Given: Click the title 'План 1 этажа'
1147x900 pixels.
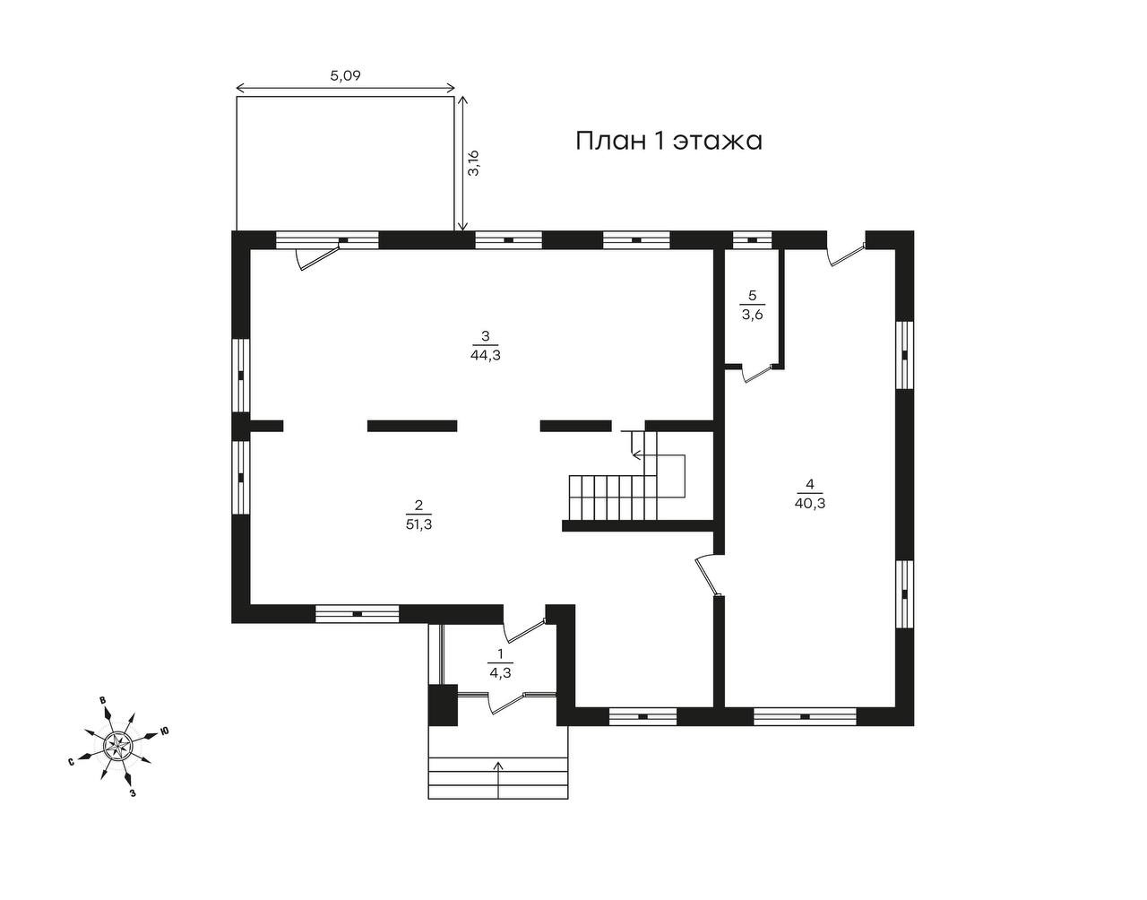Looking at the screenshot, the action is [668, 142].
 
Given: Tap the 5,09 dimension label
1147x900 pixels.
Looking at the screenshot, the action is [345, 76].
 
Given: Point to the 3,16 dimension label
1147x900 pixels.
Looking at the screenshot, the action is [474, 163].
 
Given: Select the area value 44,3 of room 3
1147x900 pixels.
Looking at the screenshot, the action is [484, 354].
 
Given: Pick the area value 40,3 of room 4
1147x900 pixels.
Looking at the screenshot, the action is [809, 504].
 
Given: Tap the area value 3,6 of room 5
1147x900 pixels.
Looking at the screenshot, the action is [752, 313].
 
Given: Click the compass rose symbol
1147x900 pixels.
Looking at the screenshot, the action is [117, 744].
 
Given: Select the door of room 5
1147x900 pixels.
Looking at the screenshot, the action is [758, 373].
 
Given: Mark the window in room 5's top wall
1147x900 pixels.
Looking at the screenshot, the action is [752, 239].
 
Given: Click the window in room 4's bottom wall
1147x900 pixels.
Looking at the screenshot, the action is [805, 716].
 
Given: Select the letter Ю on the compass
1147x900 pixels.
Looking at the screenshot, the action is [165, 731].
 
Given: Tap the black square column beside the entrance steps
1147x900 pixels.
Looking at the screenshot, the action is [441, 705].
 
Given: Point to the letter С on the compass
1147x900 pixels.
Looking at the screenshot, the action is [70, 763].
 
